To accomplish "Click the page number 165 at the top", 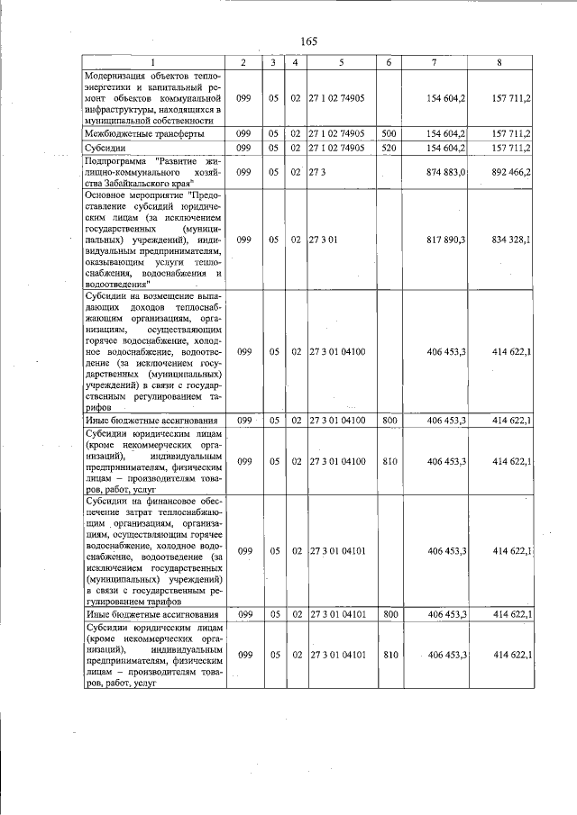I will coord(308,41).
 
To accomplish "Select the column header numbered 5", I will coord(341,61).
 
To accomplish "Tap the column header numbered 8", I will coord(499,61).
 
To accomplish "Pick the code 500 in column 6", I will coord(389,133).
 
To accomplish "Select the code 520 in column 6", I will coord(389,148).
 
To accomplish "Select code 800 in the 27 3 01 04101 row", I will coord(389,614).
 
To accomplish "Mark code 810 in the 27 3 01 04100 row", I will coord(389,461).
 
